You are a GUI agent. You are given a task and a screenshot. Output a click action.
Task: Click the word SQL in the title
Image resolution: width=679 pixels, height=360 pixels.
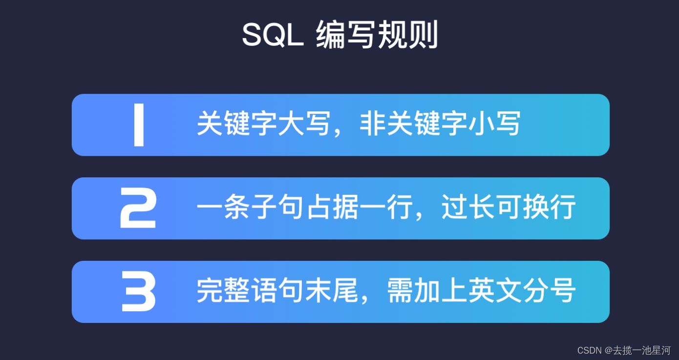273,35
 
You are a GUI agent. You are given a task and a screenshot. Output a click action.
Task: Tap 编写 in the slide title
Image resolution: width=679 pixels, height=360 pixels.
346,35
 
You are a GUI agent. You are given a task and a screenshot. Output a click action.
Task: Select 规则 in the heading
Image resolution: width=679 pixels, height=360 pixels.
408,35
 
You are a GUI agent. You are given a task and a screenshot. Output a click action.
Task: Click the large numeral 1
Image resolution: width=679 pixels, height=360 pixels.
139,126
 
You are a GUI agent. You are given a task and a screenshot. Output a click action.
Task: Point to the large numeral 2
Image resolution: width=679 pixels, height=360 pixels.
138,209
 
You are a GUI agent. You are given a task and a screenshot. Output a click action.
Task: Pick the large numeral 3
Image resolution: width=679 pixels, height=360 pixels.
138,292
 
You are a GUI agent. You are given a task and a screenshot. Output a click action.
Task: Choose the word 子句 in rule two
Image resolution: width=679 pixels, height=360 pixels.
256,209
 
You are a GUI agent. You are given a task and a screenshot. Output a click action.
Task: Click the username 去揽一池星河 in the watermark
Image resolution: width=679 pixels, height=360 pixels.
642,350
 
